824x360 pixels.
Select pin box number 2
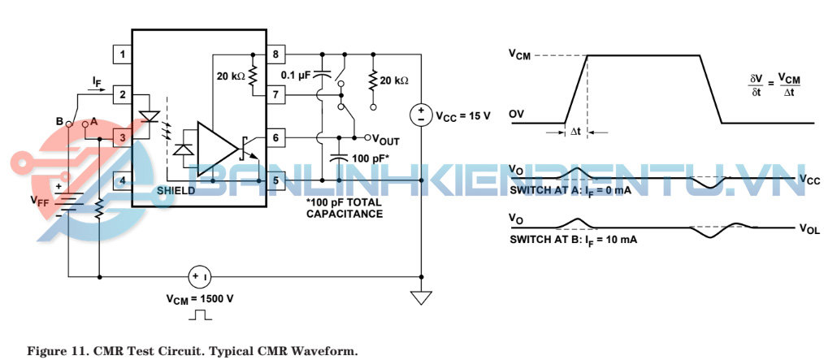tap(122, 96)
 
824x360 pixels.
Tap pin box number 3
tap(122, 138)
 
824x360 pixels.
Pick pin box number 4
tap(122, 180)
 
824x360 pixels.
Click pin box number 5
tap(277, 180)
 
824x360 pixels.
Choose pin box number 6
tap(277, 138)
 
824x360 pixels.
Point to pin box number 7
tap(277, 96)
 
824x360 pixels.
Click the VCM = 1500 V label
tap(200, 298)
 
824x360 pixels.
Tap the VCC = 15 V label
tap(462, 115)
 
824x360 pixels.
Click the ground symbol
tap(421, 297)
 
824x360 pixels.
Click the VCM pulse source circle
tap(200, 277)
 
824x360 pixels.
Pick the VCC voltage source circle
tap(421, 115)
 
